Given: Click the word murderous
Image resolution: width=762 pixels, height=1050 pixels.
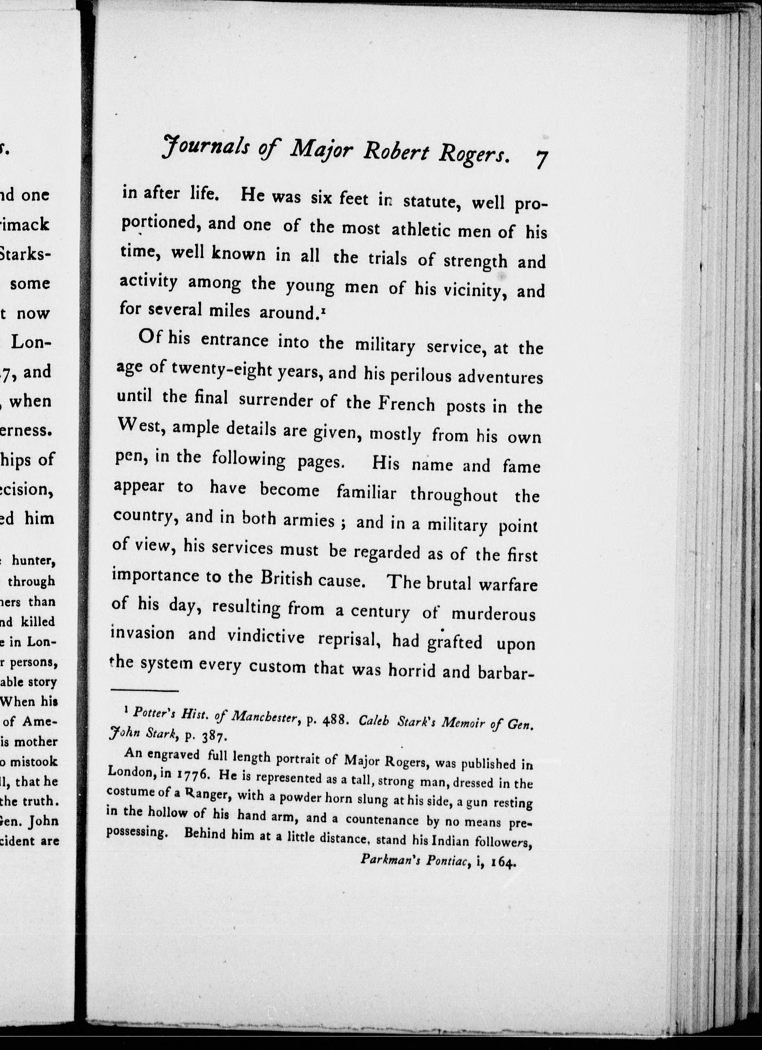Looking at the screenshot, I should click(493, 614).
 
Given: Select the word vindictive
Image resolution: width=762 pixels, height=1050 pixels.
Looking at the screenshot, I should click(266, 637).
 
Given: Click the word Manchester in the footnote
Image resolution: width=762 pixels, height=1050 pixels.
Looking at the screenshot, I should click(262, 718).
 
